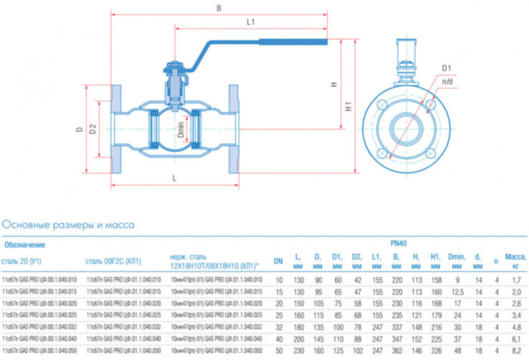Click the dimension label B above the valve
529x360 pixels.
(x=219, y=8)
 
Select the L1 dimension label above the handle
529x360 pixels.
(x=250, y=23)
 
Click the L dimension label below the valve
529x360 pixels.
(x=175, y=178)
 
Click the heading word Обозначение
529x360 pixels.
(x=25, y=244)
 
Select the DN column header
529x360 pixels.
(x=278, y=261)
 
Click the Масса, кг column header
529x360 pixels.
(x=515, y=261)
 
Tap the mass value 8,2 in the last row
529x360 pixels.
(x=515, y=352)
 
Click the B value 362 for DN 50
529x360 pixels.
(x=396, y=352)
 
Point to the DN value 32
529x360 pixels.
(x=278, y=327)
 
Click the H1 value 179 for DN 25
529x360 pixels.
(x=436, y=315)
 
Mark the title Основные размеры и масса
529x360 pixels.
(x=68, y=225)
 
